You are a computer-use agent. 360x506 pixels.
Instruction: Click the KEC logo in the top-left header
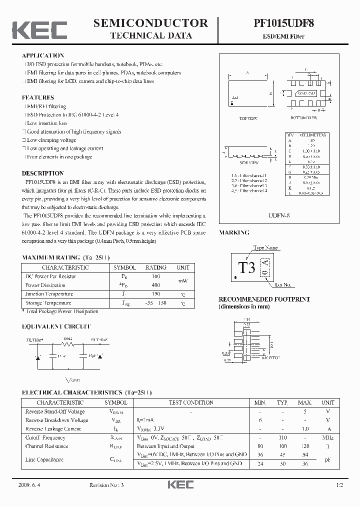pos(39,29)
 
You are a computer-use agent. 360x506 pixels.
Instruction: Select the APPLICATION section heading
pos(43,55)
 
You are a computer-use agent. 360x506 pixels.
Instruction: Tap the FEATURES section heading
pos(38,97)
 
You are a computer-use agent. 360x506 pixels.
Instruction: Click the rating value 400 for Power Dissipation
pos(155,285)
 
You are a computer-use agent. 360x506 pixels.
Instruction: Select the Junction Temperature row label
pos(49,294)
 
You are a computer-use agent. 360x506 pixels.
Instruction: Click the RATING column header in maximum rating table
pos(155,267)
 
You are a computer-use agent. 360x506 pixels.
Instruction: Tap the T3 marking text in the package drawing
pos(246,267)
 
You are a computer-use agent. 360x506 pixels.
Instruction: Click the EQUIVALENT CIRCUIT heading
pos(56,326)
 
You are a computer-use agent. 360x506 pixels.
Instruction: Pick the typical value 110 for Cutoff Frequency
pos(283,437)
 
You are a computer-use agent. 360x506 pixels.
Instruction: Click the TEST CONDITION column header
pos(190,402)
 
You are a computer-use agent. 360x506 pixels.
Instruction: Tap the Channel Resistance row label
pos(47,446)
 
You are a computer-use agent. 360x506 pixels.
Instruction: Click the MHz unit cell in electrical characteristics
pos(327,437)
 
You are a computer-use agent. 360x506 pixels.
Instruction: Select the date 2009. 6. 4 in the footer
pos(31,485)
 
